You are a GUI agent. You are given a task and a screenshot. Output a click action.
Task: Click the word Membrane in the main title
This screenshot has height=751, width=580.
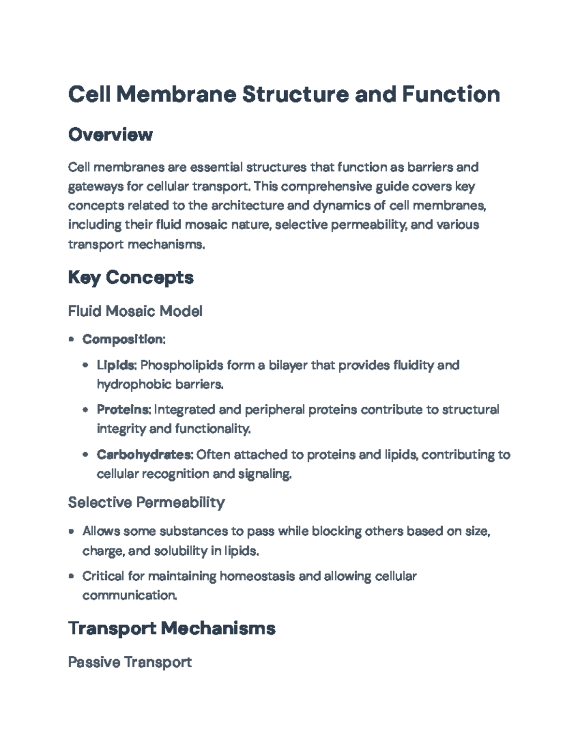(176, 94)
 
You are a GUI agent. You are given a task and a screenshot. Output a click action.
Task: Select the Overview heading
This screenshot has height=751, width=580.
(110, 134)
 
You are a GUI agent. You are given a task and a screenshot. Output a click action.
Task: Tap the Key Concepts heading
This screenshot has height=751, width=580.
(130, 278)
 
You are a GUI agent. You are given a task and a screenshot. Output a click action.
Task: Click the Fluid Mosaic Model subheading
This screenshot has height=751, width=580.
(135, 311)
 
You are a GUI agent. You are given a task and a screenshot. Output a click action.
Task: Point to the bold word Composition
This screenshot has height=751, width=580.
(123, 339)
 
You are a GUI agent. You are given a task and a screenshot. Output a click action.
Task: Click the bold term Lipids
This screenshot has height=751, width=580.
(116, 365)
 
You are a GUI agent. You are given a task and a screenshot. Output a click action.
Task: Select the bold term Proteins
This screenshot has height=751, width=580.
(123, 410)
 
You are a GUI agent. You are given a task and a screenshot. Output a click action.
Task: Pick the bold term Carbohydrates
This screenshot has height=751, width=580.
(145, 455)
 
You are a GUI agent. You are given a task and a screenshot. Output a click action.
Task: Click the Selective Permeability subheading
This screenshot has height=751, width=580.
(146, 502)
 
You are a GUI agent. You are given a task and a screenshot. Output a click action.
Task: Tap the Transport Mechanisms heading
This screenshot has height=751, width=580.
(172, 628)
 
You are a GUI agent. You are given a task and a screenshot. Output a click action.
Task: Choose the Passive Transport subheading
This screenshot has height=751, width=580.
(130, 662)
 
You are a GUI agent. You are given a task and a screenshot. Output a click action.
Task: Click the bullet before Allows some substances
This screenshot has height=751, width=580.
(71, 531)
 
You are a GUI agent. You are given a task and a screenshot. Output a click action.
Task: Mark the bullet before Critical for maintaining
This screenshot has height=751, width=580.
(71, 576)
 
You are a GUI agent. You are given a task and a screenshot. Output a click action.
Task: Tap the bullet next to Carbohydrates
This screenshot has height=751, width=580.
(86, 455)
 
